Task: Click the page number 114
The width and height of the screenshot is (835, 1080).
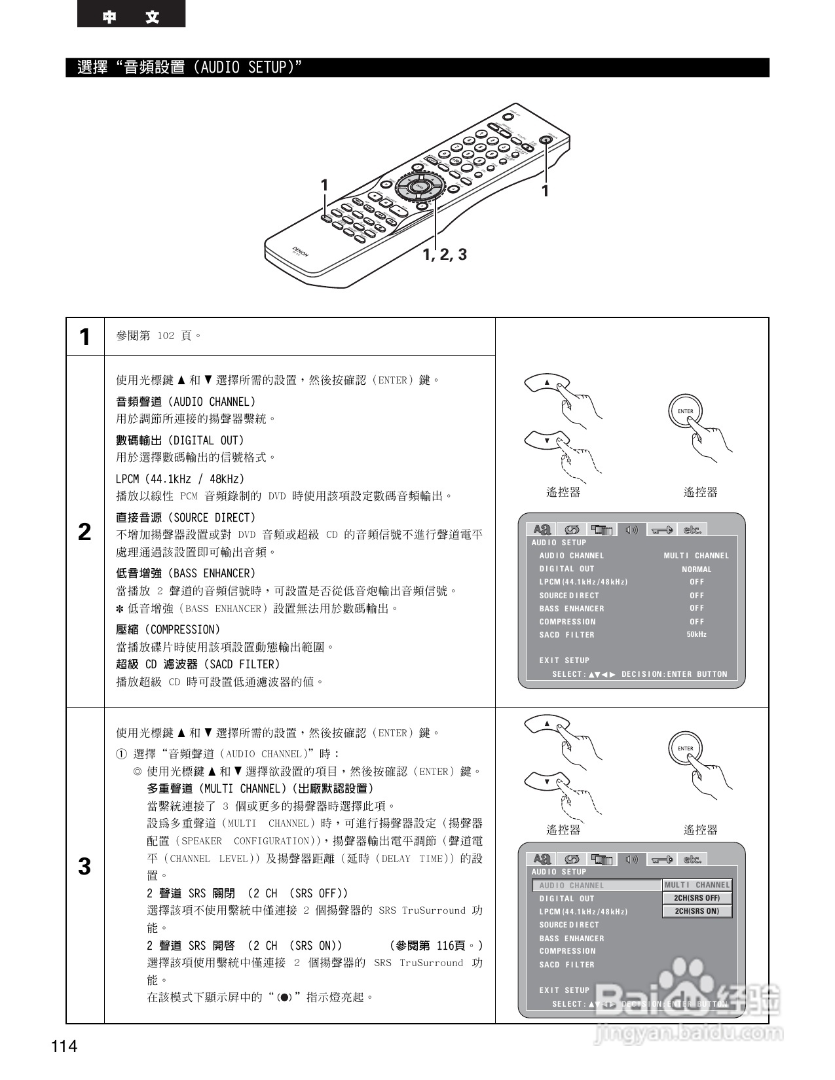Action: click(64, 1046)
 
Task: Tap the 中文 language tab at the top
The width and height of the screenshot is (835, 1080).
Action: click(131, 16)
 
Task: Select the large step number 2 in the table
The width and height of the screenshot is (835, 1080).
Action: click(84, 532)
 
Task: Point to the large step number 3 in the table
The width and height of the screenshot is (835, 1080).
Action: click(84, 866)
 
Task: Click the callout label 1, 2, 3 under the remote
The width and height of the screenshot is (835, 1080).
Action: click(445, 255)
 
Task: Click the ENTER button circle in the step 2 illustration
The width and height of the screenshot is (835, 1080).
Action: click(685, 412)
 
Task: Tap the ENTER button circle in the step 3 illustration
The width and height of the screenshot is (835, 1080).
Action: click(685, 749)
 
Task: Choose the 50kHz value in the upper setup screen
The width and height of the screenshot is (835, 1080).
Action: click(696, 635)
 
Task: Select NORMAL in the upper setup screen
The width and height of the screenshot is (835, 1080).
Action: click(696, 569)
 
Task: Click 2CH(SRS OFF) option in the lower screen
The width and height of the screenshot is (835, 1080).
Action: click(697, 898)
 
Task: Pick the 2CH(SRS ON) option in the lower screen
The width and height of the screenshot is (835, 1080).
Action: click(697, 911)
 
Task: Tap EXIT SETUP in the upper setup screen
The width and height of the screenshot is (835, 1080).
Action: click(564, 660)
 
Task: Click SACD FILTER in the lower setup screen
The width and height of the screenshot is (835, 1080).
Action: click(566, 965)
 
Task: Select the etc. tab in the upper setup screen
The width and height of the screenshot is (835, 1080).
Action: click(692, 530)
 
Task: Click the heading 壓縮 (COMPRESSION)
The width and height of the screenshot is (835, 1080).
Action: click(168, 630)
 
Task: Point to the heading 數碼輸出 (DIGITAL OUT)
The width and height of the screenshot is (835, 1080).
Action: click(179, 441)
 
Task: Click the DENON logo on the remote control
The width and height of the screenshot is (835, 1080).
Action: click(301, 252)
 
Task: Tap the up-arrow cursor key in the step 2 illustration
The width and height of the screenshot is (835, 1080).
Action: click(547, 383)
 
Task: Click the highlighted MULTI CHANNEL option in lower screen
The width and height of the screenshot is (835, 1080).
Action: click(697, 885)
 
